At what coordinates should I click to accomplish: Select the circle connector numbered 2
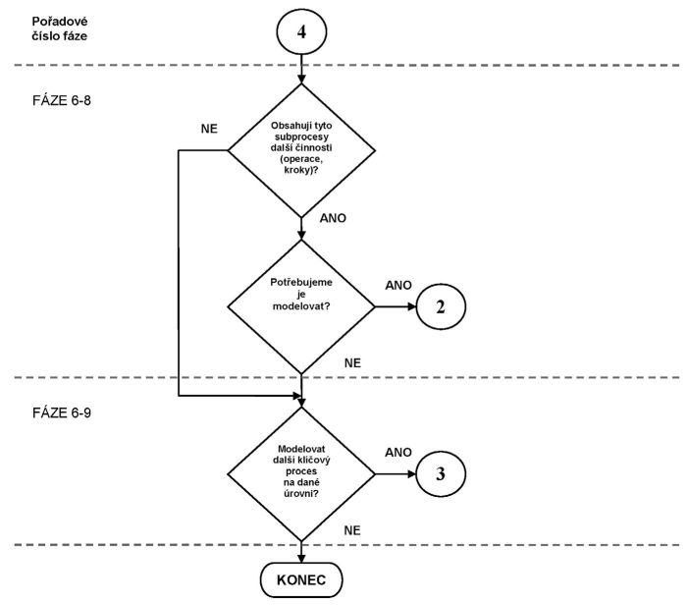coord(441,306)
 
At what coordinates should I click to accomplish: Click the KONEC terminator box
coord(301,578)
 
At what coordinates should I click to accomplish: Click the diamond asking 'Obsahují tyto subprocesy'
coord(302,149)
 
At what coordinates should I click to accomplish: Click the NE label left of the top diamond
coord(208,130)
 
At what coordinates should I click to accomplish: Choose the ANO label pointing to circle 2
coord(398,285)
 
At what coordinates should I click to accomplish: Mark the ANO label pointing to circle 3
coord(398,453)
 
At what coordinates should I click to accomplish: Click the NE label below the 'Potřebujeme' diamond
coord(353,362)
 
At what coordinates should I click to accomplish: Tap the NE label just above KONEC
coord(353,529)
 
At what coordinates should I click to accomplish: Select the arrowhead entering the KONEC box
coord(302,557)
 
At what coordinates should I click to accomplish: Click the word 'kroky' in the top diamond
coord(293,170)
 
